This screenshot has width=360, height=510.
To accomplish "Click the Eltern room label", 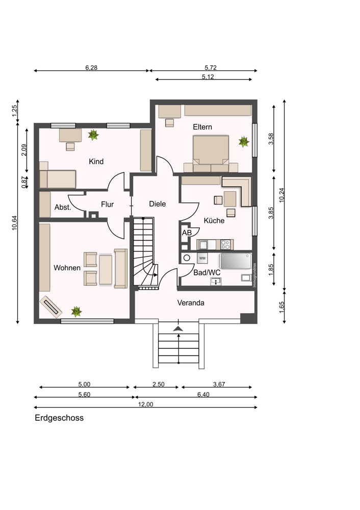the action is (x=202, y=127).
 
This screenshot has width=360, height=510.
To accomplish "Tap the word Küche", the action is (x=214, y=220).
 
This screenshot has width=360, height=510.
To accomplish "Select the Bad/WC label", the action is (x=207, y=272).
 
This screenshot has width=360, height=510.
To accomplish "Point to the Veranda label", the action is (x=191, y=303).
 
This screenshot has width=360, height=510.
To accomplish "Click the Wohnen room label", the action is (x=67, y=268).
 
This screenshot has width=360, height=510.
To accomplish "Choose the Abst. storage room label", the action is (x=63, y=207).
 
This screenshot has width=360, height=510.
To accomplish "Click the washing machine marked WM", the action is (x=202, y=258).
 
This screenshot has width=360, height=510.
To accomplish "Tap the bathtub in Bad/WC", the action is (x=236, y=261).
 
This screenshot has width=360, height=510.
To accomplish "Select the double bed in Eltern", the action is (x=211, y=154).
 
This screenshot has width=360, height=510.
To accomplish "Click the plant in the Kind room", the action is (x=93, y=135).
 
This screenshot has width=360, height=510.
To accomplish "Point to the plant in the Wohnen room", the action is (x=76, y=312).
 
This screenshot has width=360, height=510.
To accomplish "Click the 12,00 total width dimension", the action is (x=145, y=404).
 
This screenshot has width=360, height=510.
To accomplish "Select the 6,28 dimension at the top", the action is (x=91, y=68).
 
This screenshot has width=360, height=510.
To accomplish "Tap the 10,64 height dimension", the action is (x=15, y=223).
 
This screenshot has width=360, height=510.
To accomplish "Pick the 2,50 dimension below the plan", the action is (x=159, y=384).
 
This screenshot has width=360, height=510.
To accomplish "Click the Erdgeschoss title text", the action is (x=59, y=418).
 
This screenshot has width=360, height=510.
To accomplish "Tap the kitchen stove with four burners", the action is (x=225, y=245).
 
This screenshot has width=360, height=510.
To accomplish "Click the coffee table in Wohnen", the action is (x=106, y=270).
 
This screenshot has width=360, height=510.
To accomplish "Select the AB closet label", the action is (x=187, y=233).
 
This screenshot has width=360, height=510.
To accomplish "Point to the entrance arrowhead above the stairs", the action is (x=178, y=329).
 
